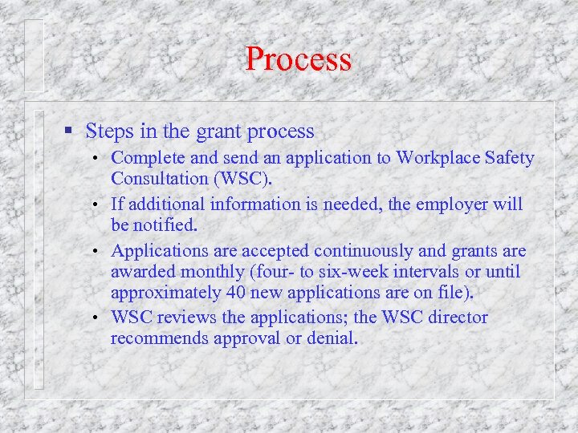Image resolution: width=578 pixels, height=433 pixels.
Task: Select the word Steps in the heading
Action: [x=107, y=131]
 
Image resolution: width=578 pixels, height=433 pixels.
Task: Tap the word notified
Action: [x=168, y=225]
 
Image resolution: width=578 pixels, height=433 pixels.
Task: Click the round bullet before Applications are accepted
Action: [x=96, y=252]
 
